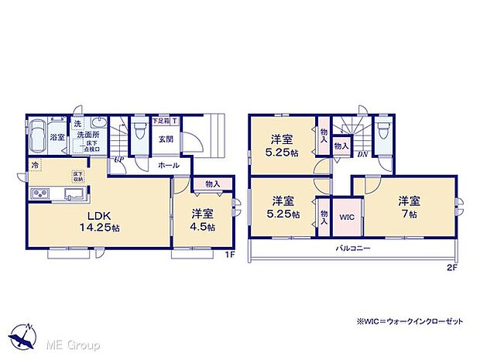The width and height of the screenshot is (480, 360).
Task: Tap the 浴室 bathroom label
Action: coord(57,137)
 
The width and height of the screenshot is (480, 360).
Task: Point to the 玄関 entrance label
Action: coord(166,139)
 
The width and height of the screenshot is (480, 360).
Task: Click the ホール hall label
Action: coord(169,165)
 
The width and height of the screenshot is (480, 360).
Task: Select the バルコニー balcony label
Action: coord(352,249)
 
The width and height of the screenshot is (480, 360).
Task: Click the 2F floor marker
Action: coord(451,266)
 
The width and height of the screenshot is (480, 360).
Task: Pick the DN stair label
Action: coord(362,153)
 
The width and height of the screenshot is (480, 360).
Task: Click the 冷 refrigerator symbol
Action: coord(36,165)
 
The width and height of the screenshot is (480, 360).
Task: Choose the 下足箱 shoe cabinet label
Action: coord(161,121)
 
